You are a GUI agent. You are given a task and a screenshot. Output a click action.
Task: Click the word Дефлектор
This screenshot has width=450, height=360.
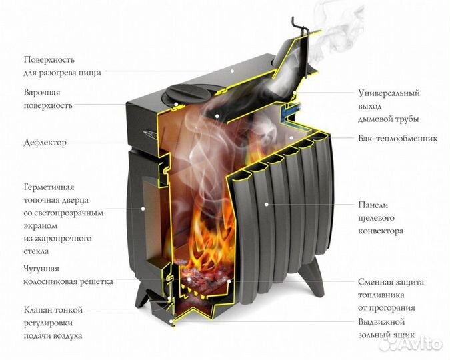point(45,143)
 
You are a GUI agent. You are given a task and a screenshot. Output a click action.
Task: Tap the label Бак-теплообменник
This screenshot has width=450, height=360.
point(397,139)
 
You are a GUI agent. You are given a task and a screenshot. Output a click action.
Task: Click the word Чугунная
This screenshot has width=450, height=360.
point(42,269)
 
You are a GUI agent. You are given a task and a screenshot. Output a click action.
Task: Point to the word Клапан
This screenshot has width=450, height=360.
point(38,310)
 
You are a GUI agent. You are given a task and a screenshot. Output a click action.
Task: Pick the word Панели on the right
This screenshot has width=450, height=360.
point(373,205)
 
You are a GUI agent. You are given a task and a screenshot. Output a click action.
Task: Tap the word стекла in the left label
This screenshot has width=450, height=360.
point(37,251)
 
